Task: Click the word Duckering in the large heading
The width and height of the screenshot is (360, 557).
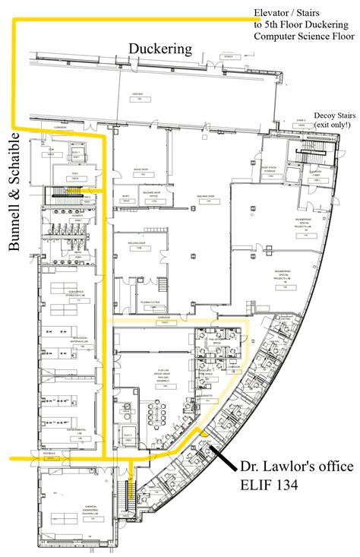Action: pos(159,49)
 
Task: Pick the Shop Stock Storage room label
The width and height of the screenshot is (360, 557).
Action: pos(271,169)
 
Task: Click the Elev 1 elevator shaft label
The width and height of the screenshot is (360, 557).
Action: pos(75,153)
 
